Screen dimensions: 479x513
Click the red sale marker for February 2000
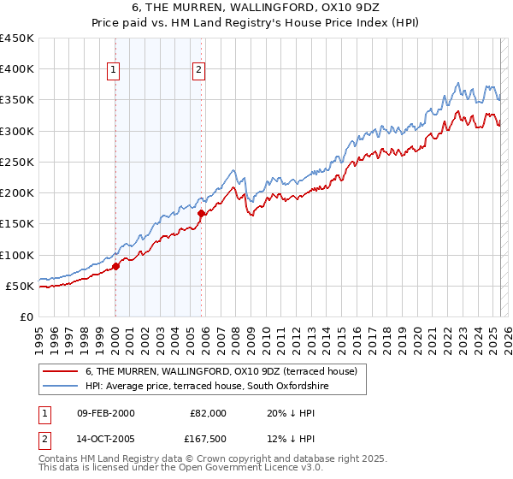(116, 266)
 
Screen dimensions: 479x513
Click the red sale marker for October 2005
(202, 213)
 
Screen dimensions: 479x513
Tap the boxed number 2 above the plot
(198, 71)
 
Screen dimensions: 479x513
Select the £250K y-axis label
(18, 162)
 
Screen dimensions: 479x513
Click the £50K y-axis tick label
(21, 286)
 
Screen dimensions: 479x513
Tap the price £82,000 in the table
(209, 413)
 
